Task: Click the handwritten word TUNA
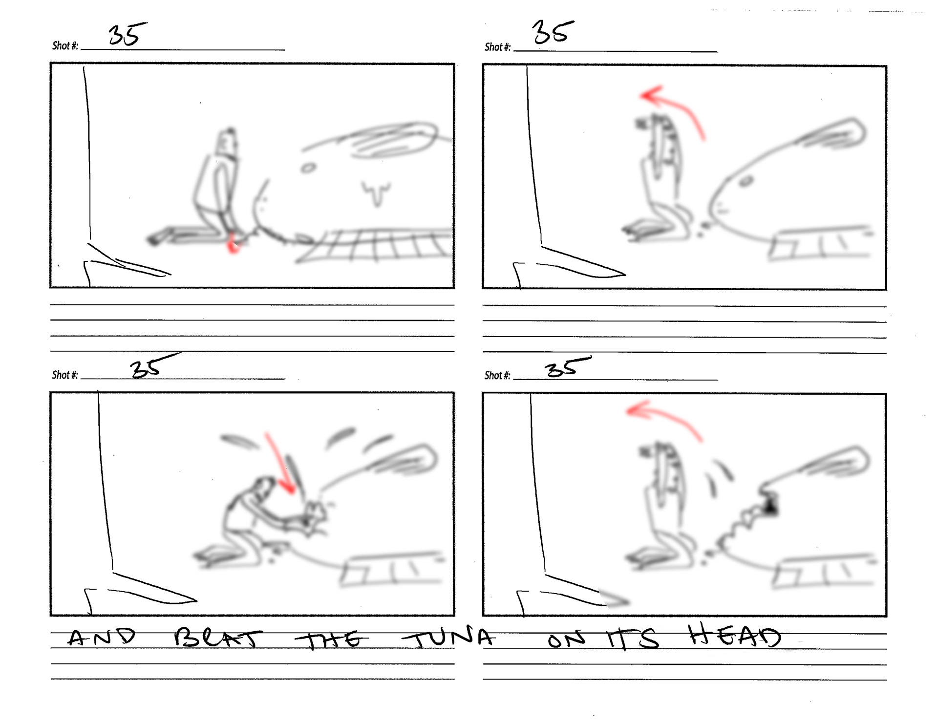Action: [448, 638]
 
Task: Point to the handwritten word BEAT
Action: [218, 638]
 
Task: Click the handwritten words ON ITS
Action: [603, 639]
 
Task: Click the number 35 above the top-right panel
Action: [552, 33]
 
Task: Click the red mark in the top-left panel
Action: [233, 244]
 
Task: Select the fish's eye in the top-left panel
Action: [308, 169]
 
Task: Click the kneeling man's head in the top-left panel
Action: [228, 142]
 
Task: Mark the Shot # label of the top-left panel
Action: [65, 45]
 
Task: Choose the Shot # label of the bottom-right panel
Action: [497, 375]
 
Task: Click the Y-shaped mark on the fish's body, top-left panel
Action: [376, 193]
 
